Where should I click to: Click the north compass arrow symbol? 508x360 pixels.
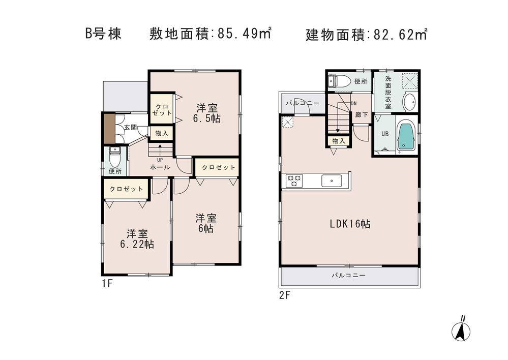point(461,331)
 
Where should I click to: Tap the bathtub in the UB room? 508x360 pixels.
point(406,136)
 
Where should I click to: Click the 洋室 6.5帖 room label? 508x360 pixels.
point(207,113)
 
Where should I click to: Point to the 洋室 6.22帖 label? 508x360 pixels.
point(137,239)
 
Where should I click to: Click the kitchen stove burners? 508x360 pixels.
point(294,181)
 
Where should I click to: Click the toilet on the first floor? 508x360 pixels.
point(114,157)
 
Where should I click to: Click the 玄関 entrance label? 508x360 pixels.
point(130,127)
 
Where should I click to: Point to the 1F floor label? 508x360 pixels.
point(106,283)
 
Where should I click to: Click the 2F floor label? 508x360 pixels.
point(284,295)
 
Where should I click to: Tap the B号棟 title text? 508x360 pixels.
point(103,35)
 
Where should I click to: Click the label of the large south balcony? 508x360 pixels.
point(348,276)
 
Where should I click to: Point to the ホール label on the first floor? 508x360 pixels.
point(160,167)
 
